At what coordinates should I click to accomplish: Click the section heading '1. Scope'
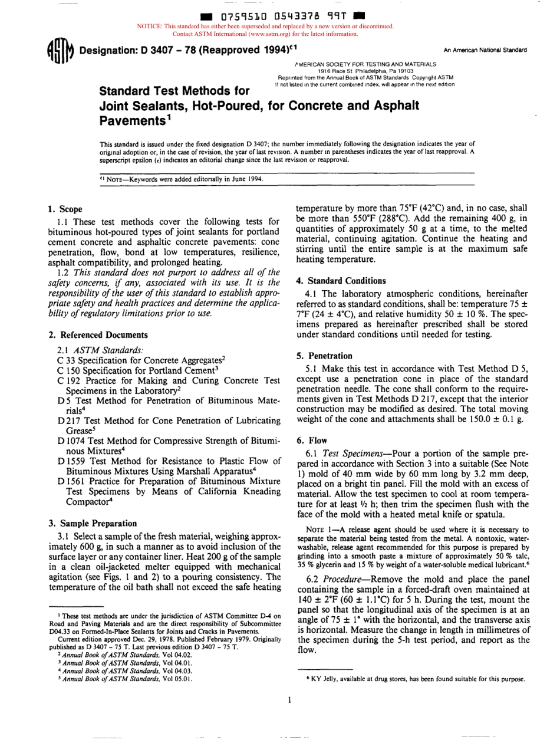65,209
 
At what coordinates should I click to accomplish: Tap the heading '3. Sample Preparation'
92,523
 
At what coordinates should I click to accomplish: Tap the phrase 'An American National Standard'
485,50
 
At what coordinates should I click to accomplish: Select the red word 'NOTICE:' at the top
149,27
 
